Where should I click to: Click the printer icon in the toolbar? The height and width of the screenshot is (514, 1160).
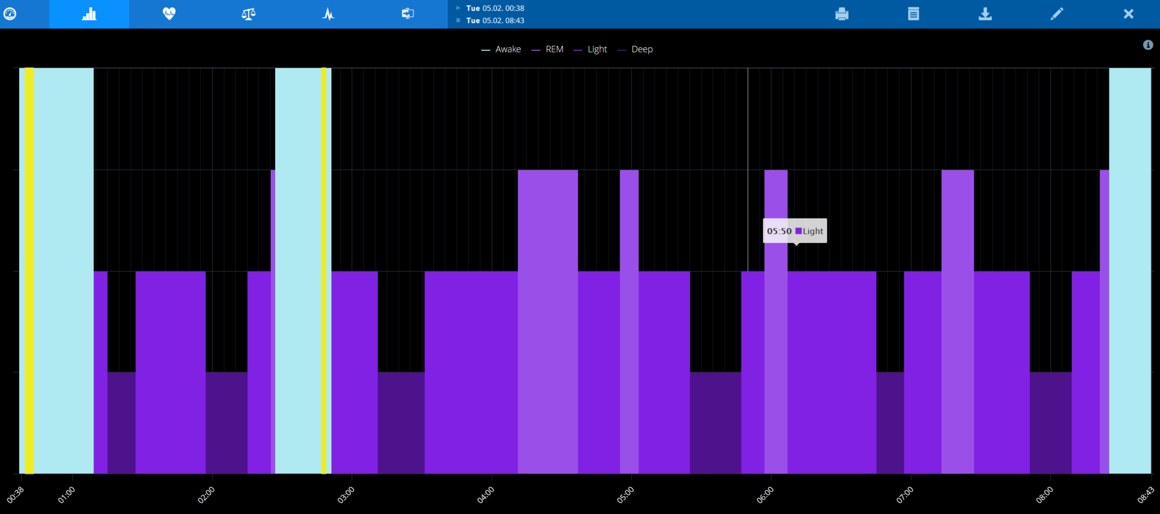(x=842, y=14)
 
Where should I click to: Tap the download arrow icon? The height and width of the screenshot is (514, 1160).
(x=985, y=14)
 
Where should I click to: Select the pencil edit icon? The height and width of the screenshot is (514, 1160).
(x=1056, y=14)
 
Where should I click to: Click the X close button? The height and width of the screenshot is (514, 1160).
(x=1128, y=14)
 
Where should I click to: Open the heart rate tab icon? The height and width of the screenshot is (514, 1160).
(x=169, y=14)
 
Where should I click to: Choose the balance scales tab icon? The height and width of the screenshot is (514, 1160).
(x=249, y=14)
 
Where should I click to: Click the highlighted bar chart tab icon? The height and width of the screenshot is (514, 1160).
(x=89, y=14)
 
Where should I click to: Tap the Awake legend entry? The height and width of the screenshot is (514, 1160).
(x=501, y=49)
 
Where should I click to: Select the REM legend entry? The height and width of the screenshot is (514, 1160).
(x=548, y=49)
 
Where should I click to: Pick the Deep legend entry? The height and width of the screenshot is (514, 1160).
(x=636, y=49)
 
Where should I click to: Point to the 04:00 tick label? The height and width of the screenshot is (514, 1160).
(x=485, y=495)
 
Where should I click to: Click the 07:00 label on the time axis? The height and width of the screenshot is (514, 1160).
(x=905, y=495)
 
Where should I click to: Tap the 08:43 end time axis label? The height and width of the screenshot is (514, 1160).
(x=1145, y=495)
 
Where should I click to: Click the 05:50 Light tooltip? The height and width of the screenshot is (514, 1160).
(x=795, y=231)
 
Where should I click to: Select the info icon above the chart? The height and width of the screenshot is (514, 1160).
(x=1148, y=45)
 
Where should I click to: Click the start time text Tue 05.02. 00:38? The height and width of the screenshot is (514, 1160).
(x=495, y=8)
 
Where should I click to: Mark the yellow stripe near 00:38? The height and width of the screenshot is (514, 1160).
(x=29, y=271)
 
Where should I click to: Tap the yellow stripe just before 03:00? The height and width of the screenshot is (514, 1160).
(x=324, y=271)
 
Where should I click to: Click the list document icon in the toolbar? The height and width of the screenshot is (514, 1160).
(x=913, y=14)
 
